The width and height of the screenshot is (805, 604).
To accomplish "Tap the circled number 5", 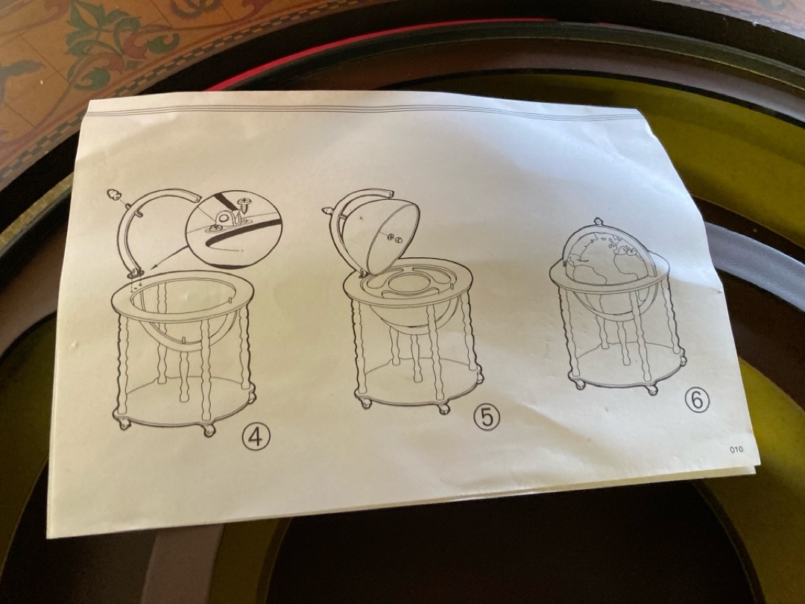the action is pyautogui.click(x=486, y=417).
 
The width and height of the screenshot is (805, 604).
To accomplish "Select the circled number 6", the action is pyautogui.click(x=697, y=400).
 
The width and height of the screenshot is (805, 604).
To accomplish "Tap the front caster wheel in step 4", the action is pyautogui.click(x=209, y=430).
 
